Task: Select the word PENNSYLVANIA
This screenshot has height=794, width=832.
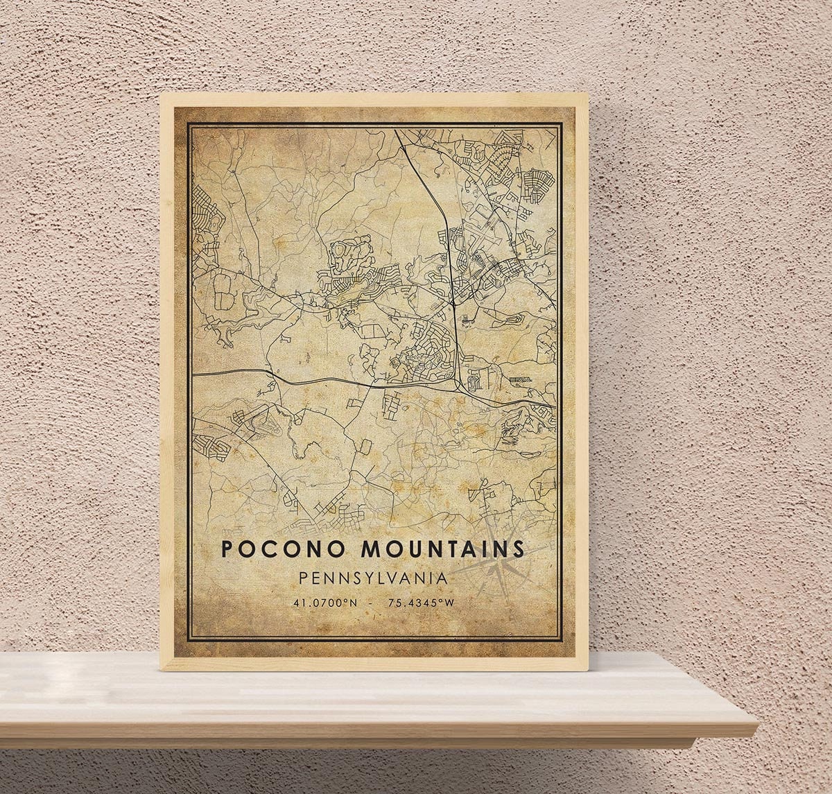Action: [373, 577]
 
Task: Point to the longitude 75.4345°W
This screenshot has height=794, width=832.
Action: [421, 603]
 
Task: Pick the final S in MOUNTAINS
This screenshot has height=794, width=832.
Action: [519, 549]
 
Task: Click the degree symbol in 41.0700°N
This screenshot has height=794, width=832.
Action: [347, 601]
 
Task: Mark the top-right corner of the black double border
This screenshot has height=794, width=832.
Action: [562, 123]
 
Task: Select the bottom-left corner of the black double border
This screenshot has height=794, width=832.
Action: [188, 641]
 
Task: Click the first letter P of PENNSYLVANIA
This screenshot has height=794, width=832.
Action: [302, 577]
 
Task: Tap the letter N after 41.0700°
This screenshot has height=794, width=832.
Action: [354, 603]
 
